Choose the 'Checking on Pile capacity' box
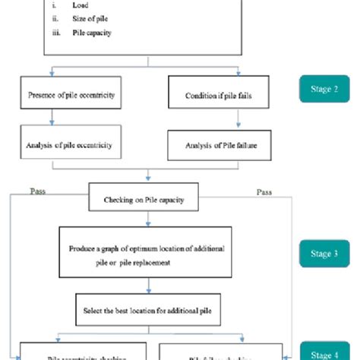point(147,199)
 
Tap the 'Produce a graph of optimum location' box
point(145,257)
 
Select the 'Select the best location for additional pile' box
point(145,311)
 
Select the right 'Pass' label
point(264,192)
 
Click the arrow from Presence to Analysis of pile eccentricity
point(52,117)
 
